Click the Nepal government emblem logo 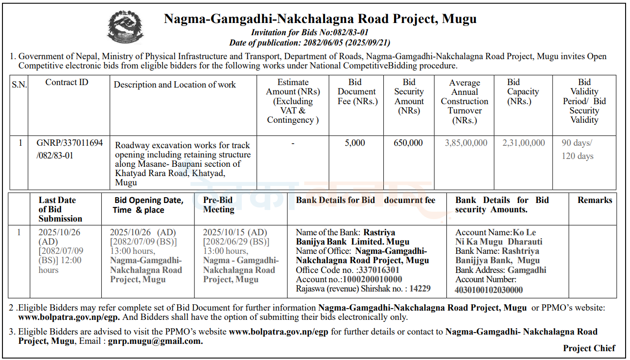(x=126, y=27)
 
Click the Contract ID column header (x=67, y=82)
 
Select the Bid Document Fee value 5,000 (x=355, y=143)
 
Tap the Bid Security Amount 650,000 (x=408, y=143)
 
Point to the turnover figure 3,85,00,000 (x=466, y=143)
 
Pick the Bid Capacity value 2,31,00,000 (x=523, y=143)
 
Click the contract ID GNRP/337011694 (x=70, y=143)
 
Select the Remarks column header (x=594, y=200)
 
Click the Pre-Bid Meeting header (x=219, y=204)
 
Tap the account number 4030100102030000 (x=489, y=290)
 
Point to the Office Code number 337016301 (x=378, y=270)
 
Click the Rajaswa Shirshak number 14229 (x=420, y=289)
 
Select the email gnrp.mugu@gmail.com (x=155, y=341)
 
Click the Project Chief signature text (x=589, y=348)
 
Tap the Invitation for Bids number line (x=309, y=33)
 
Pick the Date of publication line (x=309, y=43)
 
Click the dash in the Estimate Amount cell (x=292, y=143)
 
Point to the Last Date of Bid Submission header (x=60, y=209)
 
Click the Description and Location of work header (x=175, y=85)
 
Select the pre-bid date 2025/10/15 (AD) (x=235, y=232)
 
